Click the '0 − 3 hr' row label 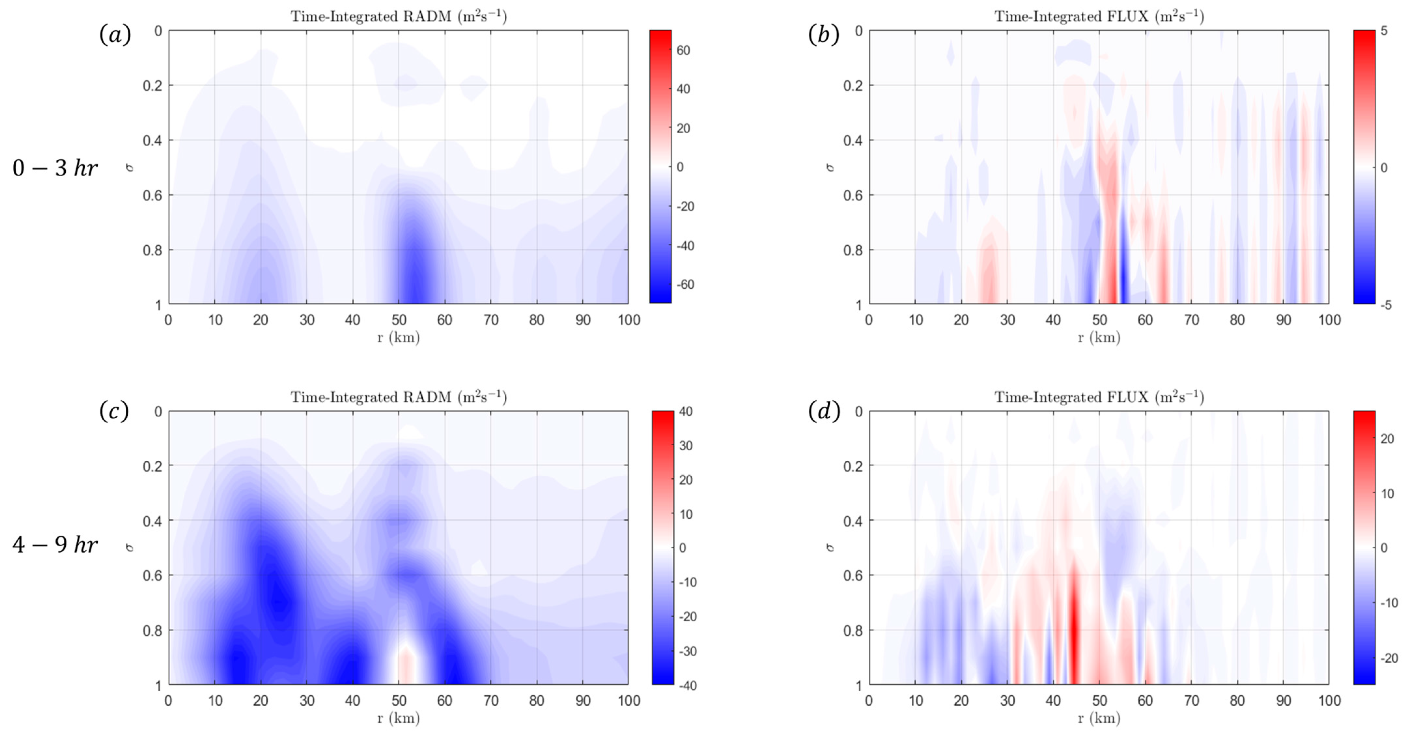(x=55, y=168)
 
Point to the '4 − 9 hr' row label (x=55, y=545)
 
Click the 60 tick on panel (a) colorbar (x=683, y=50)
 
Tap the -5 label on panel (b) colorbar (x=1386, y=305)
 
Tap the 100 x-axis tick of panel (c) (x=629, y=700)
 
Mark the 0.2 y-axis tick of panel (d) (x=852, y=466)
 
